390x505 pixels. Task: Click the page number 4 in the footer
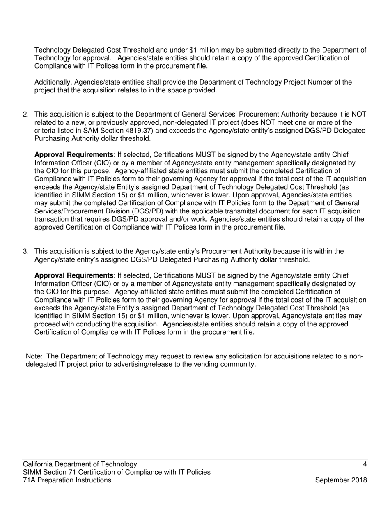point(365,464)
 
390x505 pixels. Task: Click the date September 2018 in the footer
point(341,480)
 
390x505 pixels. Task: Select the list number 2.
point(25,115)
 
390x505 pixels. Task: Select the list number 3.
point(25,251)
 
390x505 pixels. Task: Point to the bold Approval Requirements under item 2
point(73,155)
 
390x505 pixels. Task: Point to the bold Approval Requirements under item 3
point(73,275)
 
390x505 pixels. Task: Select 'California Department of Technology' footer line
point(80,464)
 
